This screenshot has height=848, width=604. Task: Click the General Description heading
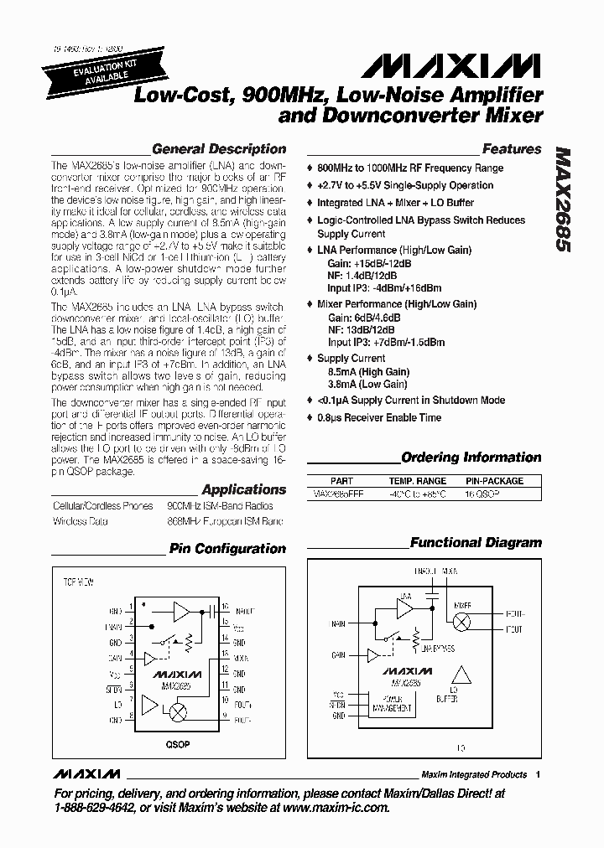tap(218, 149)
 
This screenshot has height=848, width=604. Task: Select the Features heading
tap(511, 149)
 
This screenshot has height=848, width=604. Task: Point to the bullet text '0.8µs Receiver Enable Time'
tap(379, 417)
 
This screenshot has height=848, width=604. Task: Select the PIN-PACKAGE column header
tap(494, 481)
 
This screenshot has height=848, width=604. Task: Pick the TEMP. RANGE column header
tap(418, 481)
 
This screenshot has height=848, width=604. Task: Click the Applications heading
tap(244, 489)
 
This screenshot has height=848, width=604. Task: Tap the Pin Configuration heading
tap(227, 549)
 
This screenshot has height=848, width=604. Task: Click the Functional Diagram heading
tap(476, 542)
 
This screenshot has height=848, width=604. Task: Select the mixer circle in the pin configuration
tap(178, 711)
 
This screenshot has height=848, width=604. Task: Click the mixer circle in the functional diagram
tap(461, 622)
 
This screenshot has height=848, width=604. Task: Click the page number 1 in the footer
tap(538, 774)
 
